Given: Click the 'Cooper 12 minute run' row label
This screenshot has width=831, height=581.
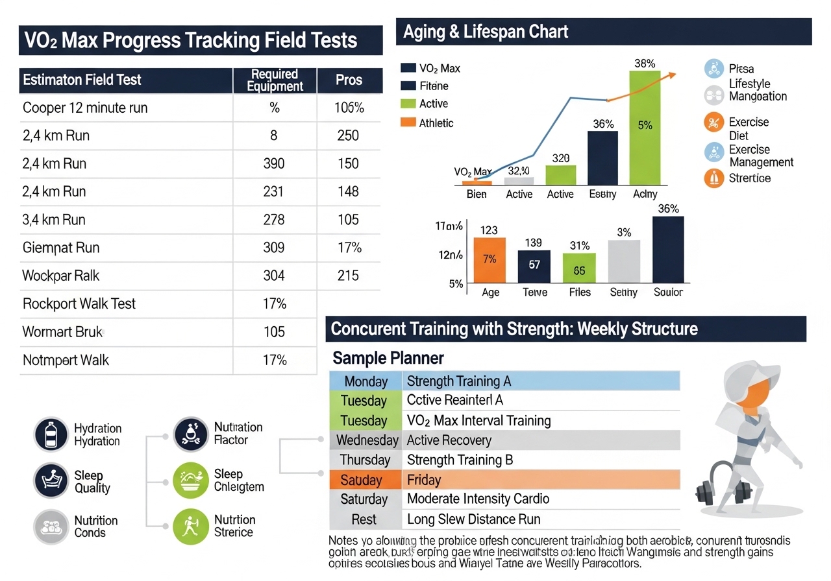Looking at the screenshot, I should tap(85, 108).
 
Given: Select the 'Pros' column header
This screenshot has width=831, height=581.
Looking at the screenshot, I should tap(349, 80).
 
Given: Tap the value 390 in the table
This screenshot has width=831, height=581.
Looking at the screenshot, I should tap(274, 163).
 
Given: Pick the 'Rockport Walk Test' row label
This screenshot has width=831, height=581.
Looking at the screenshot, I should tap(79, 303).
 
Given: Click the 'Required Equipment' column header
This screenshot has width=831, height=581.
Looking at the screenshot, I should tap(275, 80).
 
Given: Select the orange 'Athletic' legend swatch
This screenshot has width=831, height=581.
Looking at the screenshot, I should tap(408, 123).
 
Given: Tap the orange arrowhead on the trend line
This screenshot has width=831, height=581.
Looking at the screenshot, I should tap(672, 75).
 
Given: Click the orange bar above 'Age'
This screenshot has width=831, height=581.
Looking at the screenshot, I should tap(490, 260).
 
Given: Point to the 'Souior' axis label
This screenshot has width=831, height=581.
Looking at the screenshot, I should tap(668, 292).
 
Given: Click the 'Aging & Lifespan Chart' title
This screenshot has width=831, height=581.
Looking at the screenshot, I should tap(486, 32).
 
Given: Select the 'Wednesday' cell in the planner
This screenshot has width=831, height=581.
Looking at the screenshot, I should tap(367, 440).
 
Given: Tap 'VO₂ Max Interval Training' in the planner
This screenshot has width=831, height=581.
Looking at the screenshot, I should tap(478, 421).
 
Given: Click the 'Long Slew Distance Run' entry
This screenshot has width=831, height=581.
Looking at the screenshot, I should tap(473, 519).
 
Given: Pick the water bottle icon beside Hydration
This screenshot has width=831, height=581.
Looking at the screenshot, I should tap(51, 434).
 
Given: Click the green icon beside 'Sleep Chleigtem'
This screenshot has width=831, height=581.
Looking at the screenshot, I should tap(191, 480).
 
